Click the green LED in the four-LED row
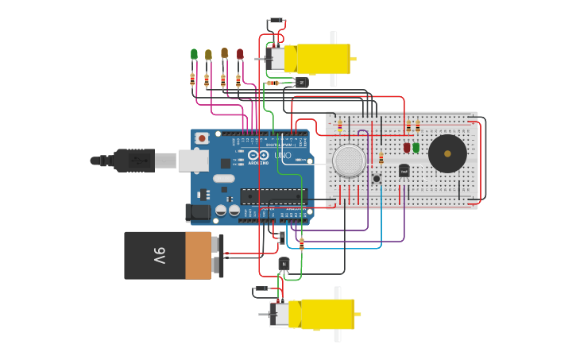click(194, 54)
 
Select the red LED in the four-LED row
click(240, 54)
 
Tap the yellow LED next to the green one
click(208, 55)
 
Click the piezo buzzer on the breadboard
click(447, 153)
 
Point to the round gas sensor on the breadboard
click(349, 161)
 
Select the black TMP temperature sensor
click(404, 170)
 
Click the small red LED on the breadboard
click(407, 147)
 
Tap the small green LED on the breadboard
click(416, 147)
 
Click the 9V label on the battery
click(159, 256)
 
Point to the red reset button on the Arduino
click(202, 138)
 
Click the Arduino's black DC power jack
click(198, 212)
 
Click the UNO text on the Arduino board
click(282, 156)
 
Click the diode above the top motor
click(276, 21)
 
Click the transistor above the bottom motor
click(284, 263)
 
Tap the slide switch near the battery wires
click(282, 237)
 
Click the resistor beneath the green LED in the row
click(192, 79)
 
